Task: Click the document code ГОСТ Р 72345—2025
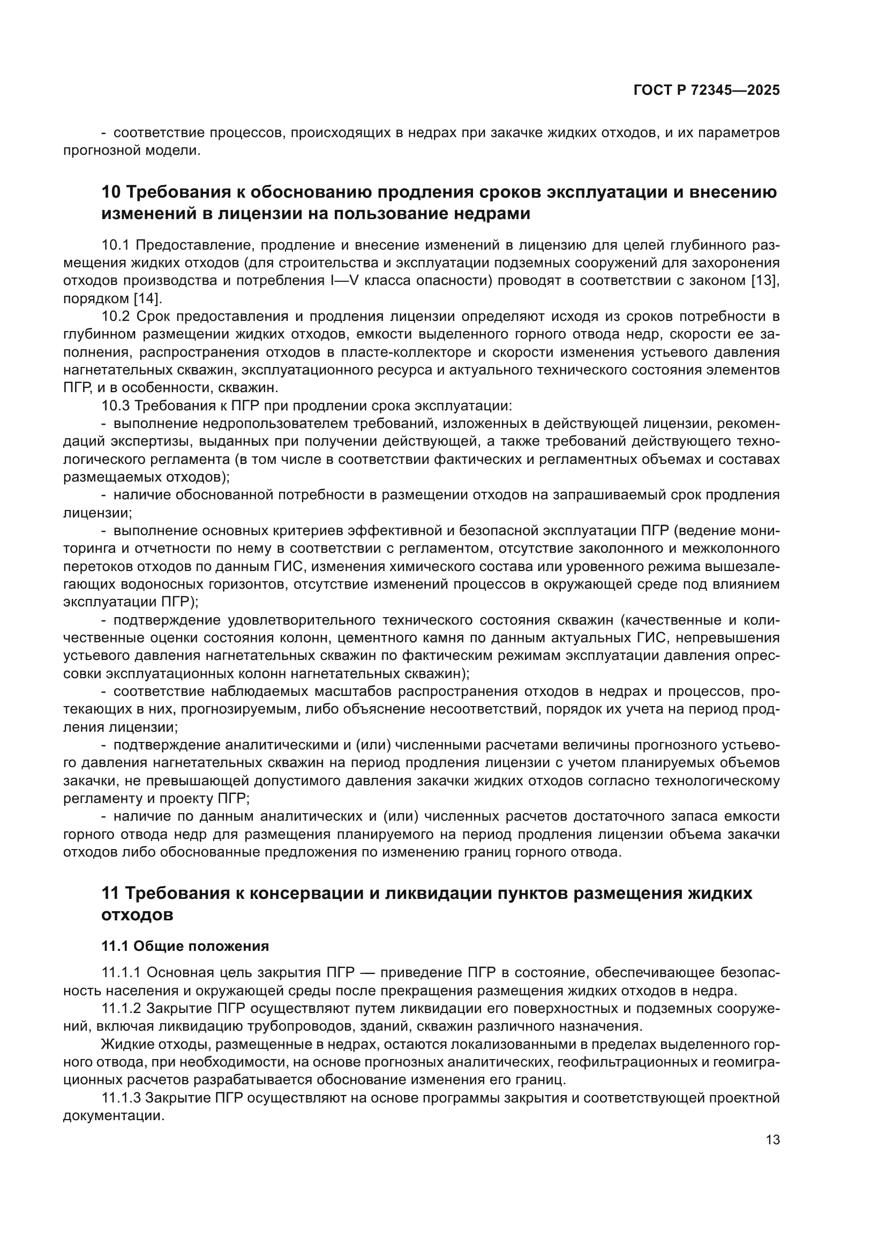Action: click(x=707, y=91)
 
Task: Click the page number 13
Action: click(x=772, y=1139)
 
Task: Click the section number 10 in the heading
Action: click(x=111, y=192)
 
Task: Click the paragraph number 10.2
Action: click(x=116, y=317)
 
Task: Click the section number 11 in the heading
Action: click(x=110, y=894)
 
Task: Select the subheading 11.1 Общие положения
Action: click(x=185, y=946)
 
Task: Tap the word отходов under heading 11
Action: click(x=137, y=914)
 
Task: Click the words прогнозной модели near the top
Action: click(x=131, y=151)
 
